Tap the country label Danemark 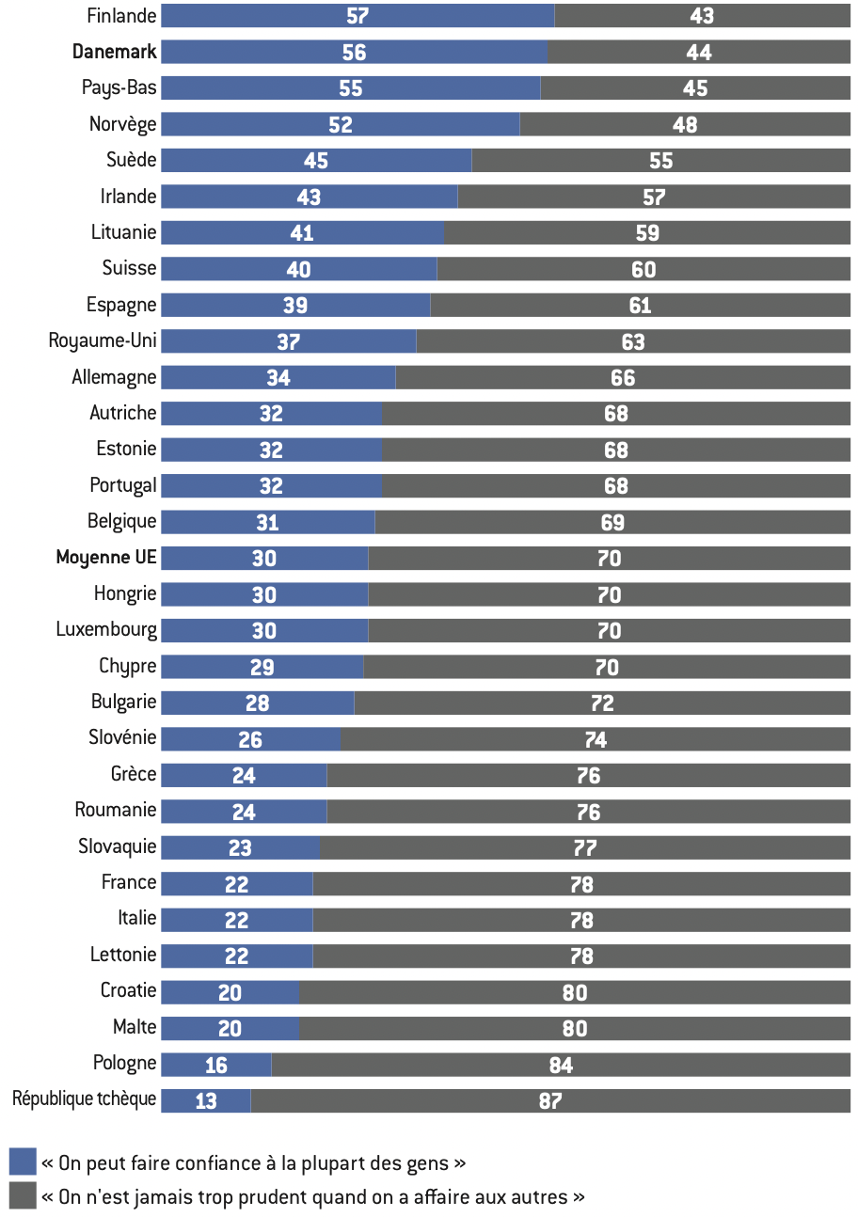pos(115,52)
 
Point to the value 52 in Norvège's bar pos(341,125)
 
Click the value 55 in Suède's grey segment pos(661,161)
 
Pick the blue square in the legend pos(22,1162)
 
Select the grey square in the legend pos(22,1196)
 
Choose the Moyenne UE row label pos(106,558)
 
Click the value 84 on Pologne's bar pos(561,1065)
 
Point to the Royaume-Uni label pos(103,340)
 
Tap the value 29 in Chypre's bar pos(262,668)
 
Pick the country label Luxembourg pos(106,629)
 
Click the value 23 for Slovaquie pos(240,848)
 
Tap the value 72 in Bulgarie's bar pos(602,703)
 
